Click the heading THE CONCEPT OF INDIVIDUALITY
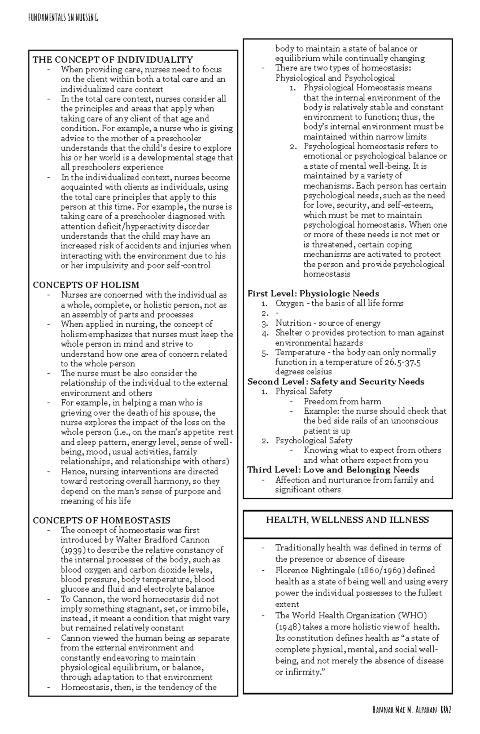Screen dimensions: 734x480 [113, 60]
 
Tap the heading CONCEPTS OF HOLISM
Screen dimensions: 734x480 [86, 285]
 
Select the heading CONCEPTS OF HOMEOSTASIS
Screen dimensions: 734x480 [101, 520]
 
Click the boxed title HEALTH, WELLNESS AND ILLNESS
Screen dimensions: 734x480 [347, 520]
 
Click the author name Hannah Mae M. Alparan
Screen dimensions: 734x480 [404, 710]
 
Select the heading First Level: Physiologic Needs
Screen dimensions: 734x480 [313, 293]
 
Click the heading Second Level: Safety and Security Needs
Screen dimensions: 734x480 [336, 381]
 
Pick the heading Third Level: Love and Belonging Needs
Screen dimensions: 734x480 [333, 470]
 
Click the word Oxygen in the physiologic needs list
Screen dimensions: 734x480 [290, 303]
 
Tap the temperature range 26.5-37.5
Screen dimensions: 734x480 [397, 362]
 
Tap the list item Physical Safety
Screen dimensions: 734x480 [304, 391]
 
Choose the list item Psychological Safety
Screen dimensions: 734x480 [314, 440]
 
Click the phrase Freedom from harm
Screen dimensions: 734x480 [342, 401]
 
